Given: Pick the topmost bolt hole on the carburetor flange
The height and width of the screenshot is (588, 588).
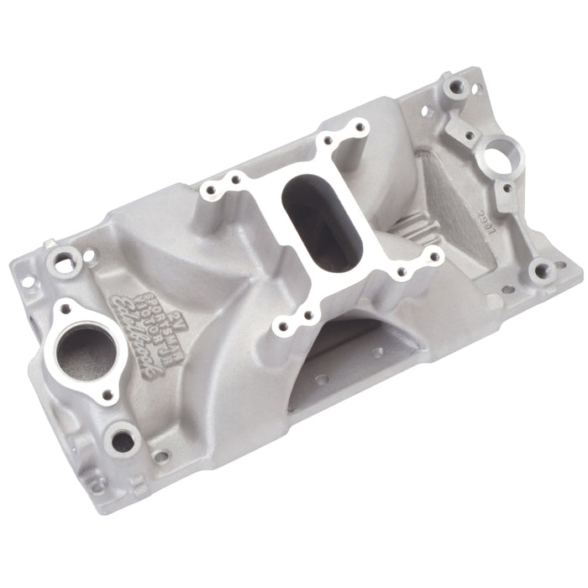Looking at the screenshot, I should (x=361, y=128).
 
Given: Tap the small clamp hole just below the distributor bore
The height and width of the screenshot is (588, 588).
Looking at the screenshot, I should (x=502, y=188).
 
